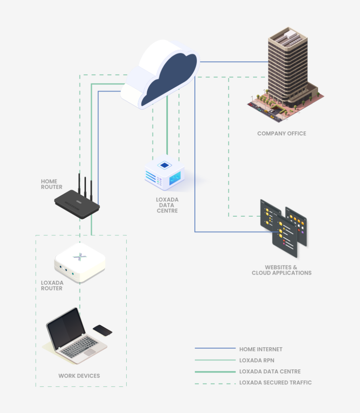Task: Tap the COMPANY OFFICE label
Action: point(282,133)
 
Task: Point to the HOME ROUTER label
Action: point(52,184)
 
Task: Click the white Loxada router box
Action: point(80,262)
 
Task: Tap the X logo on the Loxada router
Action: point(80,257)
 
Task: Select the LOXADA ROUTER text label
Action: point(52,286)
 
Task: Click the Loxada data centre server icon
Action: point(165,173)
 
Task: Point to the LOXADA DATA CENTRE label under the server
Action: point(167,205)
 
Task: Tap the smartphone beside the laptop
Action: point(103,330)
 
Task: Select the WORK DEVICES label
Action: point(79,376)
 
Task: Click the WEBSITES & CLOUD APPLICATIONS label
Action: point(281,270)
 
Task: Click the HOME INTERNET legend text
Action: point(261,349)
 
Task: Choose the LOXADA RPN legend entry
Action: point(257,360)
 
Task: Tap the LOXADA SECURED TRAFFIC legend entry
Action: point(275,382)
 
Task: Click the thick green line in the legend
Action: point(215,371)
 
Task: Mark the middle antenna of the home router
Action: point(85,186)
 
